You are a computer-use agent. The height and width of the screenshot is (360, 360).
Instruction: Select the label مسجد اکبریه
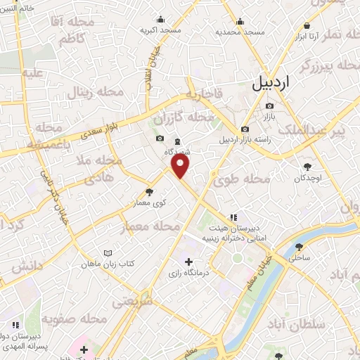tap(160, 31)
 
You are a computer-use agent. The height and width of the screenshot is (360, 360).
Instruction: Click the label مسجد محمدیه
tap(240, 32)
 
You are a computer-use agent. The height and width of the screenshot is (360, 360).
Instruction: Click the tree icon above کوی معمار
tap(148, 191)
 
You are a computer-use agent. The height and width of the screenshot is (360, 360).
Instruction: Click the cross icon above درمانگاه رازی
tap(188, 262)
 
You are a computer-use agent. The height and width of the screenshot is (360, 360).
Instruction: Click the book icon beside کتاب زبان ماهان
tap(108, 253)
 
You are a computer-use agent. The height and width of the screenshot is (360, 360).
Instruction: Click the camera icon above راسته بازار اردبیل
tap(244, 129)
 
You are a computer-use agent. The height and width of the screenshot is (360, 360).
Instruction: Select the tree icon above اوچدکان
tap(307, 167)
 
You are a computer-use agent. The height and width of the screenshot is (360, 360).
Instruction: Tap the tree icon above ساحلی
tap(300, 246)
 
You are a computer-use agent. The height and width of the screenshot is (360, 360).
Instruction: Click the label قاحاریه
tap(204, 94)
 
